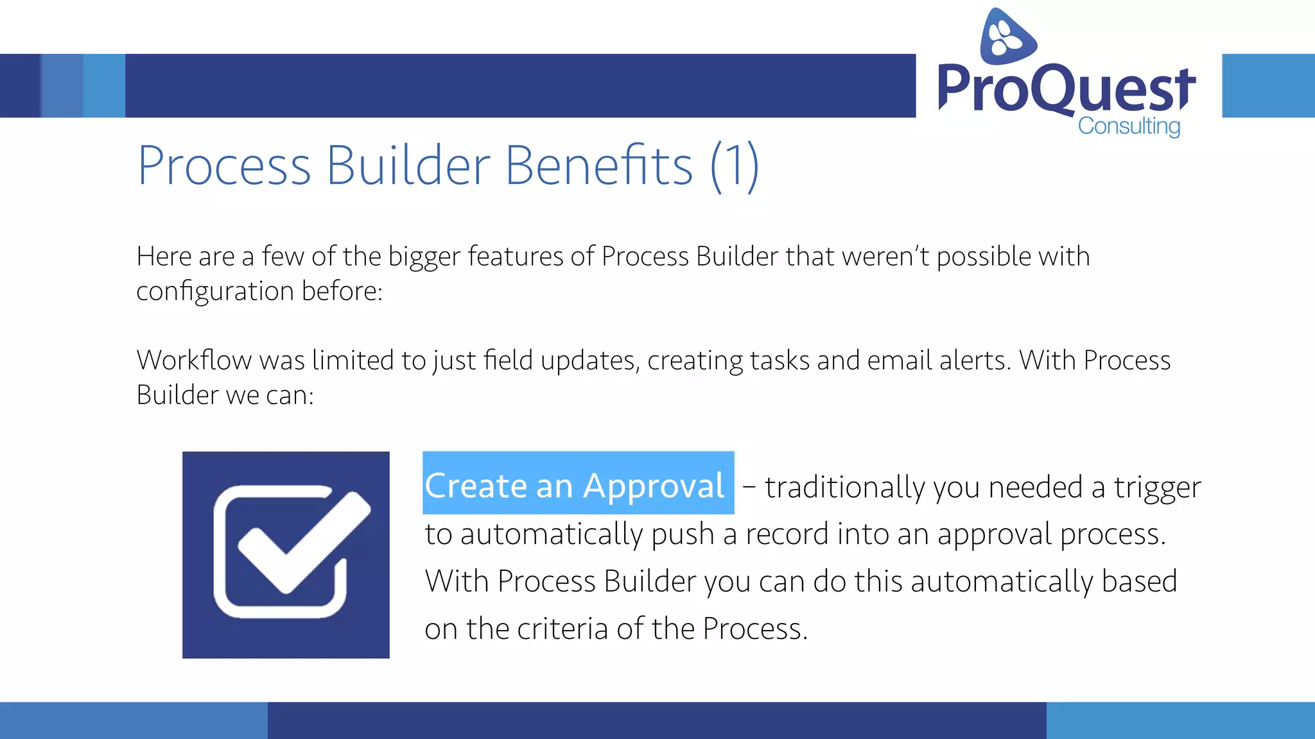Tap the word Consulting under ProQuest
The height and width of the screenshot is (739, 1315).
click(x=1129, y=126)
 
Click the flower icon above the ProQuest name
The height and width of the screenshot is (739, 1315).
click(x=1007, y=37)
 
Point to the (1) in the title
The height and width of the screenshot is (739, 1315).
click(x=735, y=166)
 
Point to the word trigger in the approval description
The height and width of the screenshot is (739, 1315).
click(x=1157, y=488)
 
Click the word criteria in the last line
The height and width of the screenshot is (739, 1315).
click(x=562, y=629)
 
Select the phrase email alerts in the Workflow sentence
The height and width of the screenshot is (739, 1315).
click(x=938, y=361)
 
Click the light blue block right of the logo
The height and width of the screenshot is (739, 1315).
click(x=1267, y=86)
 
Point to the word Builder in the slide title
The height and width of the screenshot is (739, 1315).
click(x=408, y=166)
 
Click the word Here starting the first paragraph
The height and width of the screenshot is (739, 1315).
click(x=164, y=257)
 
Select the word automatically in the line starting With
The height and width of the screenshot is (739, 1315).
click(x=1002, y=582)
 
